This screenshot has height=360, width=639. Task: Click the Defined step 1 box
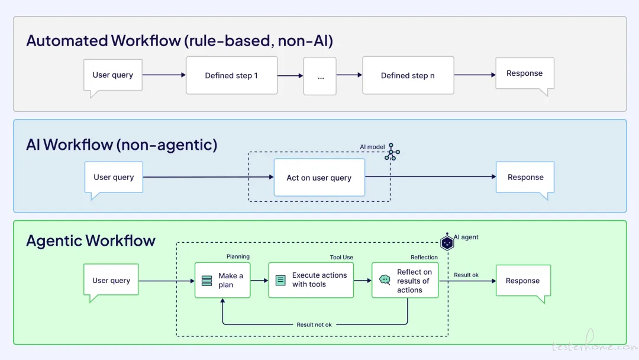[231, 75]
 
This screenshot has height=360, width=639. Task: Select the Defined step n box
[408, 75]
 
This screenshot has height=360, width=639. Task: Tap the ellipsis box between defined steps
[320, 76]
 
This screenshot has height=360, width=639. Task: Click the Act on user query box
[319, 178]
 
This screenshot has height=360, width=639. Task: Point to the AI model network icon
[392, 152]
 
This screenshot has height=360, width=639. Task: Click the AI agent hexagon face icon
[447, 242]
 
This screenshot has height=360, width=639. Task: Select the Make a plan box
[222, 280]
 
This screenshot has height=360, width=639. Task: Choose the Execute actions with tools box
[311, 280]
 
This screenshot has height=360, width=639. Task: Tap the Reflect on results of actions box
[405, 280]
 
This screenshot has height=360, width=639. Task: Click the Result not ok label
[314, 324]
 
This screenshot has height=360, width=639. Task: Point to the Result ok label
[466, 275]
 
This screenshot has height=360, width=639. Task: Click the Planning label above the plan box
[238, 256]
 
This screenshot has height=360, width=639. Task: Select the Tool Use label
[341, 257]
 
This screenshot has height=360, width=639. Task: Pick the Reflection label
[424, 257]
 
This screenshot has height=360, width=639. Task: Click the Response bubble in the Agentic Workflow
[523, 281]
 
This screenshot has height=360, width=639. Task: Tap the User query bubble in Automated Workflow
[113, 75]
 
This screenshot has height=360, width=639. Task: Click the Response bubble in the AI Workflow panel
[525, 178]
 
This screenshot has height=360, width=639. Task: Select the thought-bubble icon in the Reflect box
[385, 279]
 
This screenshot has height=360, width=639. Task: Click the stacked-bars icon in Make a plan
[206, 281]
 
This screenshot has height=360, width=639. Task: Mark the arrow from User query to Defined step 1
[164, 75]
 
